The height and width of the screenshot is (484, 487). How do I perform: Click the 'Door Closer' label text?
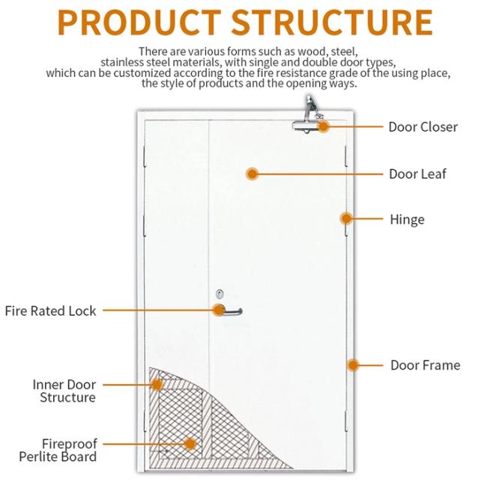tap(423, 127)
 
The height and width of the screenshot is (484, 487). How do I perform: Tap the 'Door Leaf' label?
tap(417, 174)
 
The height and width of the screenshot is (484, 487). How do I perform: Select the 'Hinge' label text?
tap(407, 219)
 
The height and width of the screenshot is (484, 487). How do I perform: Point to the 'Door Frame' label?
tap(426, 365)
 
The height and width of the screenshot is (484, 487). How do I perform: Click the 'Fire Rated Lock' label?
tap(50, 310)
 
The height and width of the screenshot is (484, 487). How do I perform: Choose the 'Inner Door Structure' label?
tap(64, 391)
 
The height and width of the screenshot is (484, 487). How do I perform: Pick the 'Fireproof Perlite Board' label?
tap(58, 450)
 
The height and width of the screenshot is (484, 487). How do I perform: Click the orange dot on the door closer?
tap(324, 126)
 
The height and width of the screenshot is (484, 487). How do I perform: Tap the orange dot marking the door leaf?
tap(252, 174)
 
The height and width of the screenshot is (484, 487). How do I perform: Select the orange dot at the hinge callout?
tap(346, 218)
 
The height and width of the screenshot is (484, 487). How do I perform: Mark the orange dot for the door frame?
tap(353, 365)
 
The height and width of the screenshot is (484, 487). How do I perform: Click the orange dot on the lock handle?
tap(219, 310)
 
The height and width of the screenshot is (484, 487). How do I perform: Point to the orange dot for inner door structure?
tap(157, 385)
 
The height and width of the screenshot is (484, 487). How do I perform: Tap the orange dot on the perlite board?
tap(190, 444)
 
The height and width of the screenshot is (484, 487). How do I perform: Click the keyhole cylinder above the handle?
tap(220, 294)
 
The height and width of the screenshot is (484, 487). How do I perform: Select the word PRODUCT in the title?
tap(139, 22)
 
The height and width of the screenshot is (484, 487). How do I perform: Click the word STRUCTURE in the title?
tap(332, 22)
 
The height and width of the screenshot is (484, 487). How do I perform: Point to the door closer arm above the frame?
tap(312, 108)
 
